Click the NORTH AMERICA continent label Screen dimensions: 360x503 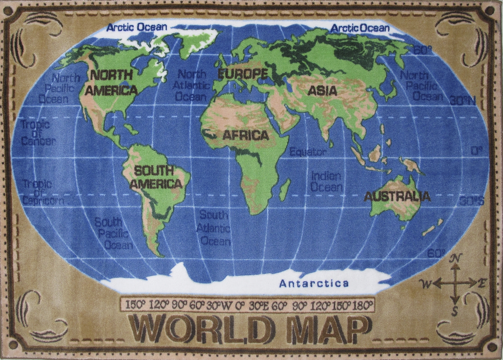point(111,83)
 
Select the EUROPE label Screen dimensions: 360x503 point(243,73)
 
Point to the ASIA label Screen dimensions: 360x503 point(322,91)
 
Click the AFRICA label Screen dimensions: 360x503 point(246,135)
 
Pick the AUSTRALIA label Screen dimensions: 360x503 point(397,196)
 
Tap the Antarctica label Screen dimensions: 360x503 point(314,283)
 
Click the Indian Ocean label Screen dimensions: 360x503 point(326,182)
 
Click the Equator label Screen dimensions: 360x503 point(307,152)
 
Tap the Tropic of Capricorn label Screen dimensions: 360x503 point(41,192)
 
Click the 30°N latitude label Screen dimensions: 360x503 point(463,100)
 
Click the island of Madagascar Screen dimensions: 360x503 point(284,189)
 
